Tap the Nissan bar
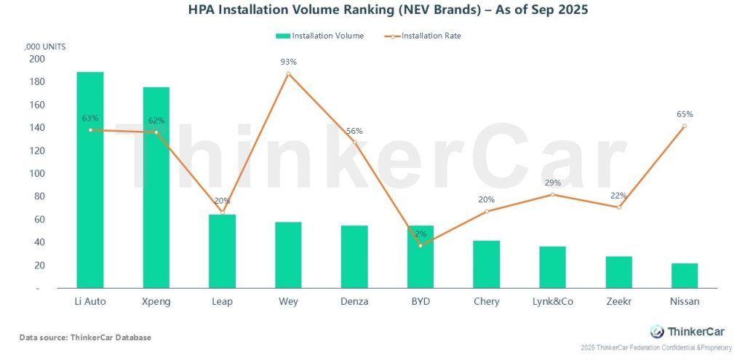[x=685, y=276]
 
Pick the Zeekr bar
[x=618, y=272]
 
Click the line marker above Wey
[x=289, y=74]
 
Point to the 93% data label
[x=289, y=62]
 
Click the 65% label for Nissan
[x=685, y=114]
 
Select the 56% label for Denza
[x=354, y=131]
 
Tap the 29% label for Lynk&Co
[x=553, y=183]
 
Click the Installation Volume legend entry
[x=320, y=36]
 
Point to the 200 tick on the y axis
[x=35, y=60]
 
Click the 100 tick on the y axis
[x=35, y=174]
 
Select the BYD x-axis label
[x=421, y=301]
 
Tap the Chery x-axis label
[x=486, y=301]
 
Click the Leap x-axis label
[x=223, y=301]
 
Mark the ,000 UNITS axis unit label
[x=46, y=47]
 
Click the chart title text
[x=371, y=11]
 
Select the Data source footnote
[x=85, y=337]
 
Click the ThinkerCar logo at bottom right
[x=677, y=331]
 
